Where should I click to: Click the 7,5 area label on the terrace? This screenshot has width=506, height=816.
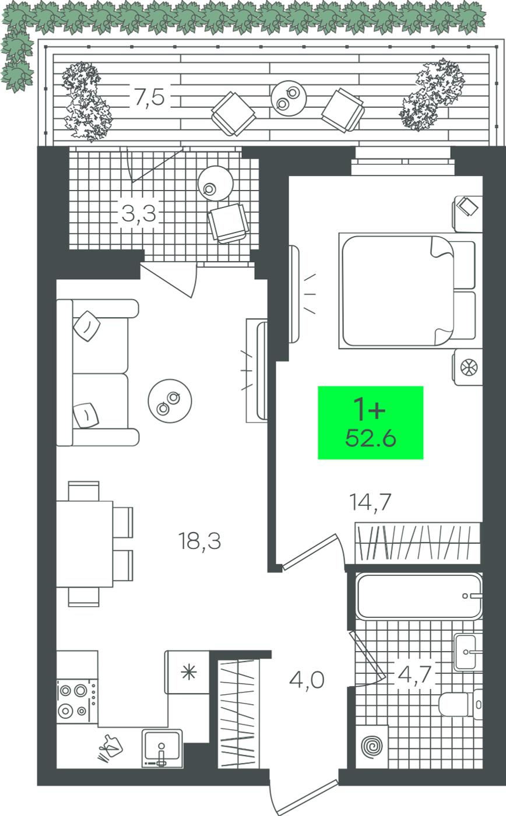pos(149,97)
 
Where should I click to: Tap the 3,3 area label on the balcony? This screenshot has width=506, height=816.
pos(139,214)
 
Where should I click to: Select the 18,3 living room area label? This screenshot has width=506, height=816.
pos(199,541)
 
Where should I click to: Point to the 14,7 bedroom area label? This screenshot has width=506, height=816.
pos(370,502)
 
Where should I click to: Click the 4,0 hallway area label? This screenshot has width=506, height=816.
pos(307,680)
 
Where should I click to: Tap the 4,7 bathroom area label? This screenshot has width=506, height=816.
pos(415,674)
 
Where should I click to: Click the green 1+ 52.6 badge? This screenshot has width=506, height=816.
pos(371,423)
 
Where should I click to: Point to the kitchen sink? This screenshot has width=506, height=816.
pos(162,748)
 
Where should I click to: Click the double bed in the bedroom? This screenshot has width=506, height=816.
pos(407,291)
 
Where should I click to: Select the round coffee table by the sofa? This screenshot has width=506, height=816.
pos(170,401)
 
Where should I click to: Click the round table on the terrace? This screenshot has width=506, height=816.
pos(289,99)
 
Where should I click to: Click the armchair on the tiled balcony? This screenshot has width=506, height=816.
pos(229,223)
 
